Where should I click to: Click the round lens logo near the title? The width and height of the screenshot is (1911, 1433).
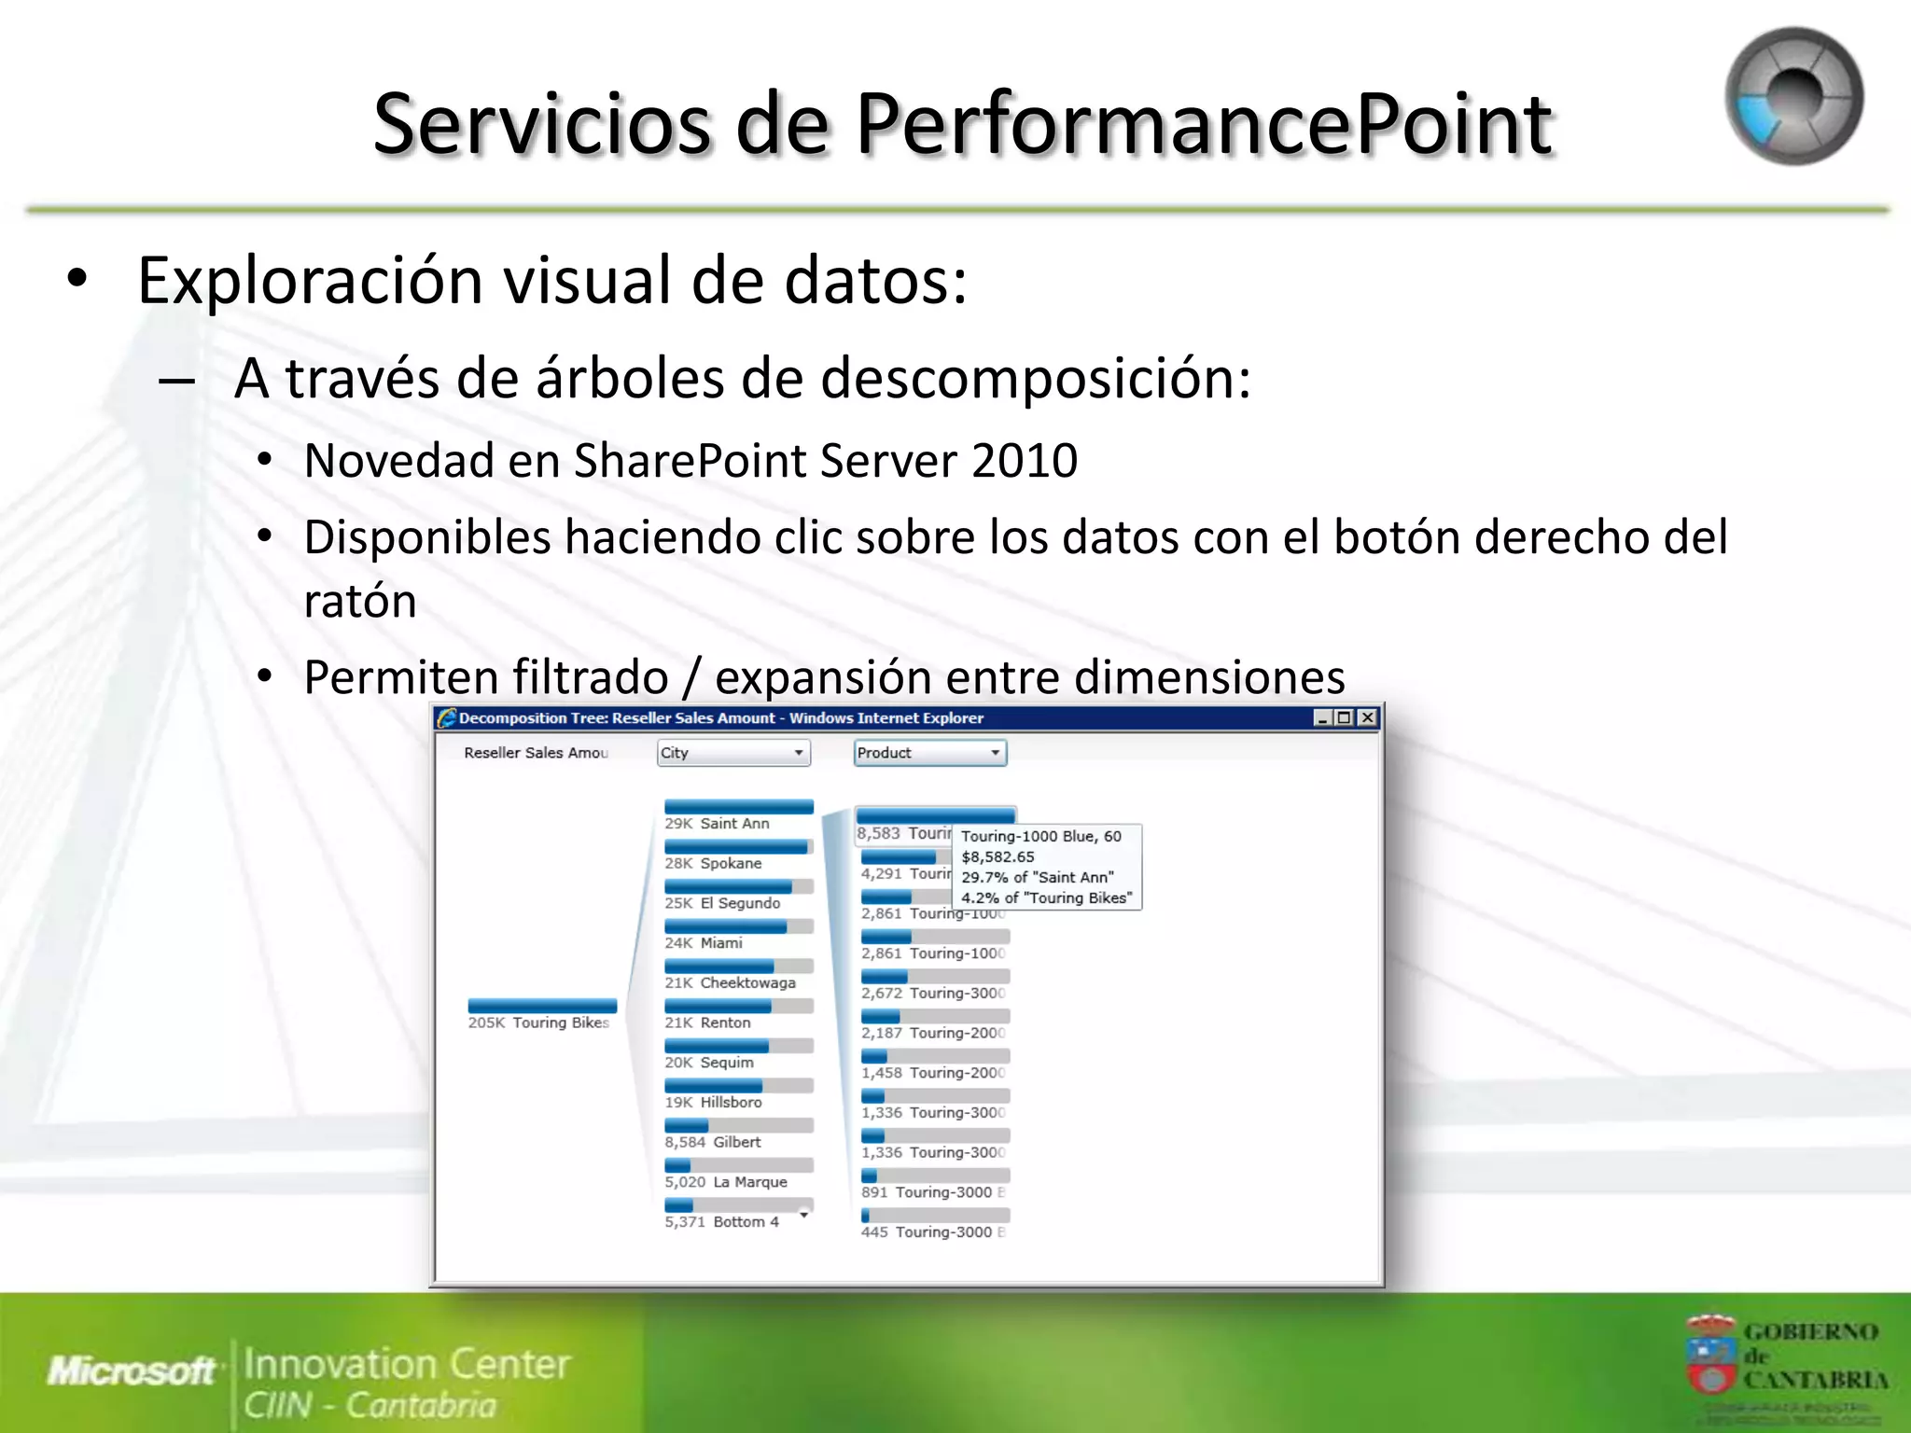pyautogui.click(x=1792, y=97)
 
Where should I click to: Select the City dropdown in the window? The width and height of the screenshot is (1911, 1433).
pyautogui.click(x=733, y=753)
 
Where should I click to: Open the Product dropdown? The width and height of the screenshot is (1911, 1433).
pyautogui.click(x=930, y=753)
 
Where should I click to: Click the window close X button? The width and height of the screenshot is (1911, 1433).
pyautogui.click(x=1367, y=717)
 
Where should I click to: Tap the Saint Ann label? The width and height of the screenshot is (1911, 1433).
pyautogui.click(x=734, y=824)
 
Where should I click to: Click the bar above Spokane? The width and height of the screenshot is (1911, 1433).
pyautogui.click(x=737, y=847)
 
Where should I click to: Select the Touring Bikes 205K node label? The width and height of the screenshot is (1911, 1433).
pyautogui.click(x=539, y=1023)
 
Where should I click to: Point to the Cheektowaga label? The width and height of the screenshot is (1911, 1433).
pyautogui.click(x=747, y=983)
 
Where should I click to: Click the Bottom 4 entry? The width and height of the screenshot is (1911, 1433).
pyautogui.click(x=745, y=1222)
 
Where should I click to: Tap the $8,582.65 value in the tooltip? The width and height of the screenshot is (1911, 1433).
pyautogui.click(x=997, y=856)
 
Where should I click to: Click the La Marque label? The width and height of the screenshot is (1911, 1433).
pyautogui.click(x=749, y=1182)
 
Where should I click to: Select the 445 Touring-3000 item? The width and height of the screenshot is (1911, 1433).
pyautogui.click(x=933, y=1232)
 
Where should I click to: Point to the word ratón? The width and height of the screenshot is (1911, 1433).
pyautogui.click(x=360, y=601)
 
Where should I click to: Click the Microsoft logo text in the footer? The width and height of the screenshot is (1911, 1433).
pyautogui.click(x=132, y=1370)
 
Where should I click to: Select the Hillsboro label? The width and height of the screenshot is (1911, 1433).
pyautogui.click(x=731, y=1103)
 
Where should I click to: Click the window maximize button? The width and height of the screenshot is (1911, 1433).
pyautogui.click(x=1344, y=717)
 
